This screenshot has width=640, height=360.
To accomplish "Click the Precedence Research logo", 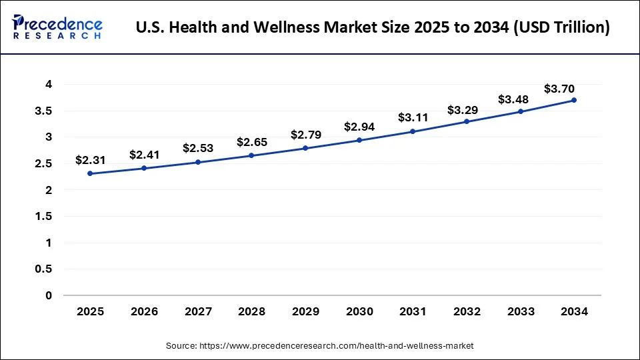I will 57,27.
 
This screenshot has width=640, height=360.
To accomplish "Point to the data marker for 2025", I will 90,173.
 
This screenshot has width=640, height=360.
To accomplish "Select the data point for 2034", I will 574,100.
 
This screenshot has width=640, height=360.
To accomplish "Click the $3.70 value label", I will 559,88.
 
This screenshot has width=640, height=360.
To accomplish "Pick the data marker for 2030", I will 359,140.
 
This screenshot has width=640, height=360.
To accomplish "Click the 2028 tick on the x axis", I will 251,311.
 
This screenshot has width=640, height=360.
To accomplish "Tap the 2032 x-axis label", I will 467,311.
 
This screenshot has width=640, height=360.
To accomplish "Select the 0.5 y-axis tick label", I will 43,269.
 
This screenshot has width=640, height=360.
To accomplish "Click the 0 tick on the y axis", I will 49,295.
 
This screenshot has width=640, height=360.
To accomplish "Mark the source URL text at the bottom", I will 319,345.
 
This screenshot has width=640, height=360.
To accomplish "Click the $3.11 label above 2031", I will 413,117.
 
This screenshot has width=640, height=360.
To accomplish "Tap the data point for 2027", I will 198,162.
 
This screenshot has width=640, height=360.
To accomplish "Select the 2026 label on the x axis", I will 144,311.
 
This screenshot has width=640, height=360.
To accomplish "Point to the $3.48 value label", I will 514,99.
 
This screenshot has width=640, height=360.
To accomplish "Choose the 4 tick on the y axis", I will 49,84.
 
